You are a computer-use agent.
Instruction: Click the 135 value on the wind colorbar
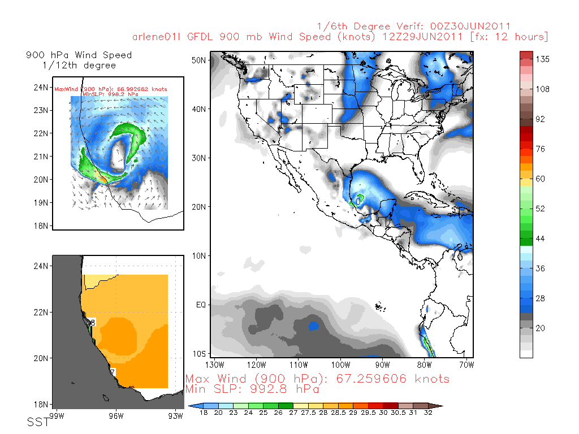pos(542,59)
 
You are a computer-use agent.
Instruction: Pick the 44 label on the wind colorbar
pos(540,239)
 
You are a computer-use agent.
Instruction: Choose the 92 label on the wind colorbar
pos(540,119)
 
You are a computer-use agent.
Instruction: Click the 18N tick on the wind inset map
pos(41,226)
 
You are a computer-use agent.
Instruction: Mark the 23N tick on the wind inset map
pos(41,110)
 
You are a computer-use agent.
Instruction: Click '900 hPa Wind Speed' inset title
pos(79,55)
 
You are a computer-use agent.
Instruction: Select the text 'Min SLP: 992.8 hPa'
pos(252,389)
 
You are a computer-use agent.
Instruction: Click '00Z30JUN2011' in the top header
pos(470,27)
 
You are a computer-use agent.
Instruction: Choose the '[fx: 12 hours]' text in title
pos(509,37)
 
